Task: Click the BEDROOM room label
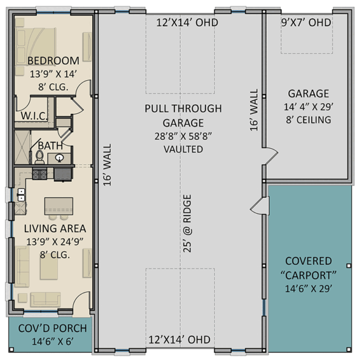coord(53,61)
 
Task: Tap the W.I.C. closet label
coord(30,115)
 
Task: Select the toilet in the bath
coord(39,158)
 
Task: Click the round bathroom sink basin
coord(61,158)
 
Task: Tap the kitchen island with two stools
coord(58,204)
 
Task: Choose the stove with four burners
coord(39,175)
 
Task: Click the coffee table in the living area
coord(49,268)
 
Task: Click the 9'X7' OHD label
coord(306,22)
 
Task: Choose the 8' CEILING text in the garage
coord(309,119)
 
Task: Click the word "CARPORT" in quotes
coord(308,275)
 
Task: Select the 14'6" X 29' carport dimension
coord(308,288)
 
